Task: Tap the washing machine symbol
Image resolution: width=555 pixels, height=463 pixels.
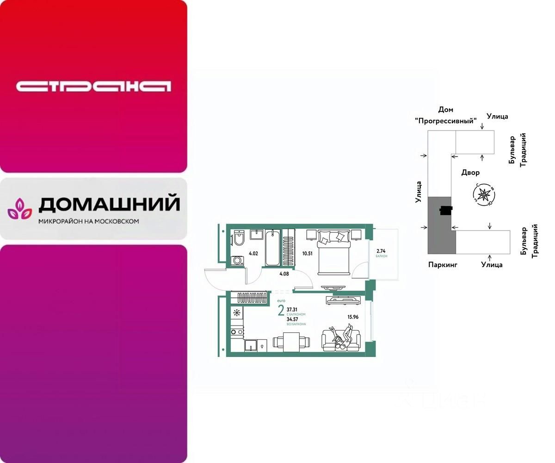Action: (238, 261)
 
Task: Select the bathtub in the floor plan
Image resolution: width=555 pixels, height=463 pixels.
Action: (272, 247)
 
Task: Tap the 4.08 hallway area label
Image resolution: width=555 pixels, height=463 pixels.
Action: (284, 274)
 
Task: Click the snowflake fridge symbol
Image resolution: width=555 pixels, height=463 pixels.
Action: (237, 313)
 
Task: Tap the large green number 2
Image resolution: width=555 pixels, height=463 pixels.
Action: (281, 310)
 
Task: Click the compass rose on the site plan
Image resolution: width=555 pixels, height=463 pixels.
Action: (484, 194)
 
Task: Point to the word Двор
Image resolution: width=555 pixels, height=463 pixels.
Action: (470, 172)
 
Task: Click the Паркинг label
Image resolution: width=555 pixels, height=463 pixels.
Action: (443, 265)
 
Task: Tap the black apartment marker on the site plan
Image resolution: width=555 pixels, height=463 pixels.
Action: (445, 211)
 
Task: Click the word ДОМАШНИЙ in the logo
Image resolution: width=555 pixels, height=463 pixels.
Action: (109, 204)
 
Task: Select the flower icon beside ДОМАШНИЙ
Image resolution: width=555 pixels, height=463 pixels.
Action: (19, 209)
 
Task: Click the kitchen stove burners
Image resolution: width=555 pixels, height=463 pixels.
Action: (236, 332)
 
